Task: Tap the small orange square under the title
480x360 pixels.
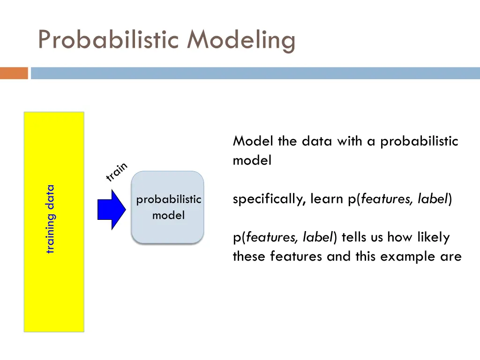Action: point(14,73)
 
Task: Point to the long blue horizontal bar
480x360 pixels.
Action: point(255,73)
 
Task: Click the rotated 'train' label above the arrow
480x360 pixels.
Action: point(116,172)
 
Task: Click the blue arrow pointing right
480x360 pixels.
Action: point(112,210)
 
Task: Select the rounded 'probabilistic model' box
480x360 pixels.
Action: point(168,207)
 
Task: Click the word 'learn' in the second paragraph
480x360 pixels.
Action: point(327,199)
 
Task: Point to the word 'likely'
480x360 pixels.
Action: point(432,238)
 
